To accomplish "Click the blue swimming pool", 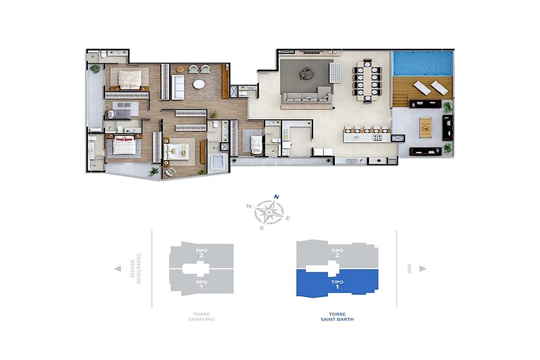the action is pos(422,64).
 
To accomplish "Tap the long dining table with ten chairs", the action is pos(367,80).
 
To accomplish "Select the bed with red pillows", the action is pos(122,145).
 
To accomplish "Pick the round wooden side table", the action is pos(180,69).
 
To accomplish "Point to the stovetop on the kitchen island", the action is pos(377,137).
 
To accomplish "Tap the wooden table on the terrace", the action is pos(425,127).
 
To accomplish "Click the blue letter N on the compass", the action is pos(276,197).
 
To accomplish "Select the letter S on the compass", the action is pos(262,228).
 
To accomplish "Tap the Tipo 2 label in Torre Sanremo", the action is pos(201,253).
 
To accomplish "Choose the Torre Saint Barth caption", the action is pos(337,317).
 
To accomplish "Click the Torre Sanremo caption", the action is pos(201,317).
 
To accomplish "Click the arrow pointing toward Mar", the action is pos(423,269).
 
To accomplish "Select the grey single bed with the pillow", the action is pos(119,115).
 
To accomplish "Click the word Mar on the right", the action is pos(409,269).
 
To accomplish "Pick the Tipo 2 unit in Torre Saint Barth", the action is pos(337,253).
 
